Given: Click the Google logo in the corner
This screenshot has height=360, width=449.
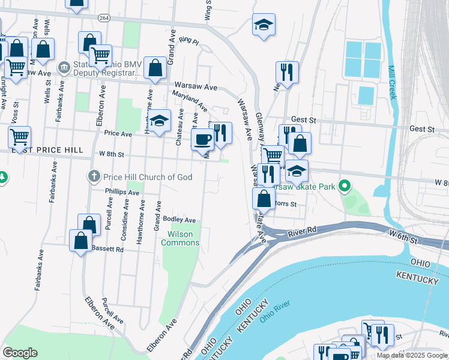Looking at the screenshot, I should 20,353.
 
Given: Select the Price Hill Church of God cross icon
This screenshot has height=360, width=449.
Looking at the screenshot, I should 93,176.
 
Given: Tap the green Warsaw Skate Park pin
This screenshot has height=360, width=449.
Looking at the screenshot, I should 344,187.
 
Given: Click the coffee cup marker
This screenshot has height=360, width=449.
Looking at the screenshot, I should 202,140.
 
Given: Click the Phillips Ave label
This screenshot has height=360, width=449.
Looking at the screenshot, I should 117,191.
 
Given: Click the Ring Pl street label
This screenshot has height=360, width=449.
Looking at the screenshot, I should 188,41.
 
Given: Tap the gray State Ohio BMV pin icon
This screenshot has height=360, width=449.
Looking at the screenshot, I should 64,66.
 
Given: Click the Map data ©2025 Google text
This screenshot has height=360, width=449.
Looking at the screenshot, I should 412,355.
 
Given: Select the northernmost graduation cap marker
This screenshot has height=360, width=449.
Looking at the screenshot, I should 264,25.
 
